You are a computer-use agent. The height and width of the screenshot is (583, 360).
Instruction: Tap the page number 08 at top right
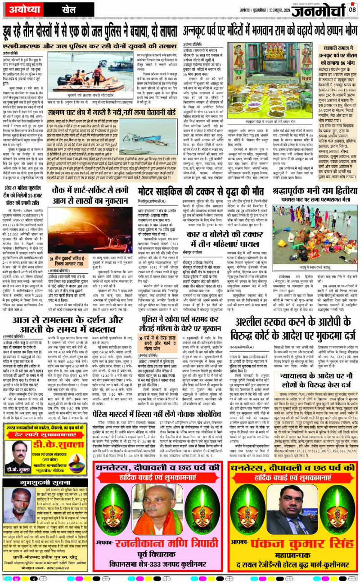[352, 9]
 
